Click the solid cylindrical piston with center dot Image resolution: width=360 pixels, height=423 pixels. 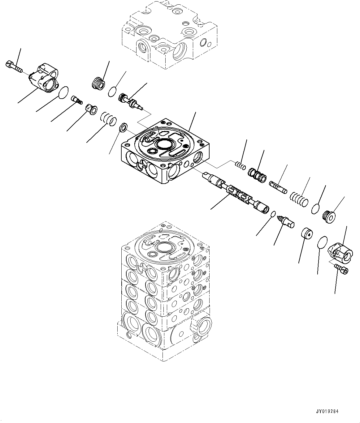tap(307, 233)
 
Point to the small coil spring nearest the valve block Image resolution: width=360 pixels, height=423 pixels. tap(240, 166)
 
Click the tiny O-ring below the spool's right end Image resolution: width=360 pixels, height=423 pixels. tap(273, 214)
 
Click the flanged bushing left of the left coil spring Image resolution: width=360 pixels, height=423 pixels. tap(91, 109)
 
